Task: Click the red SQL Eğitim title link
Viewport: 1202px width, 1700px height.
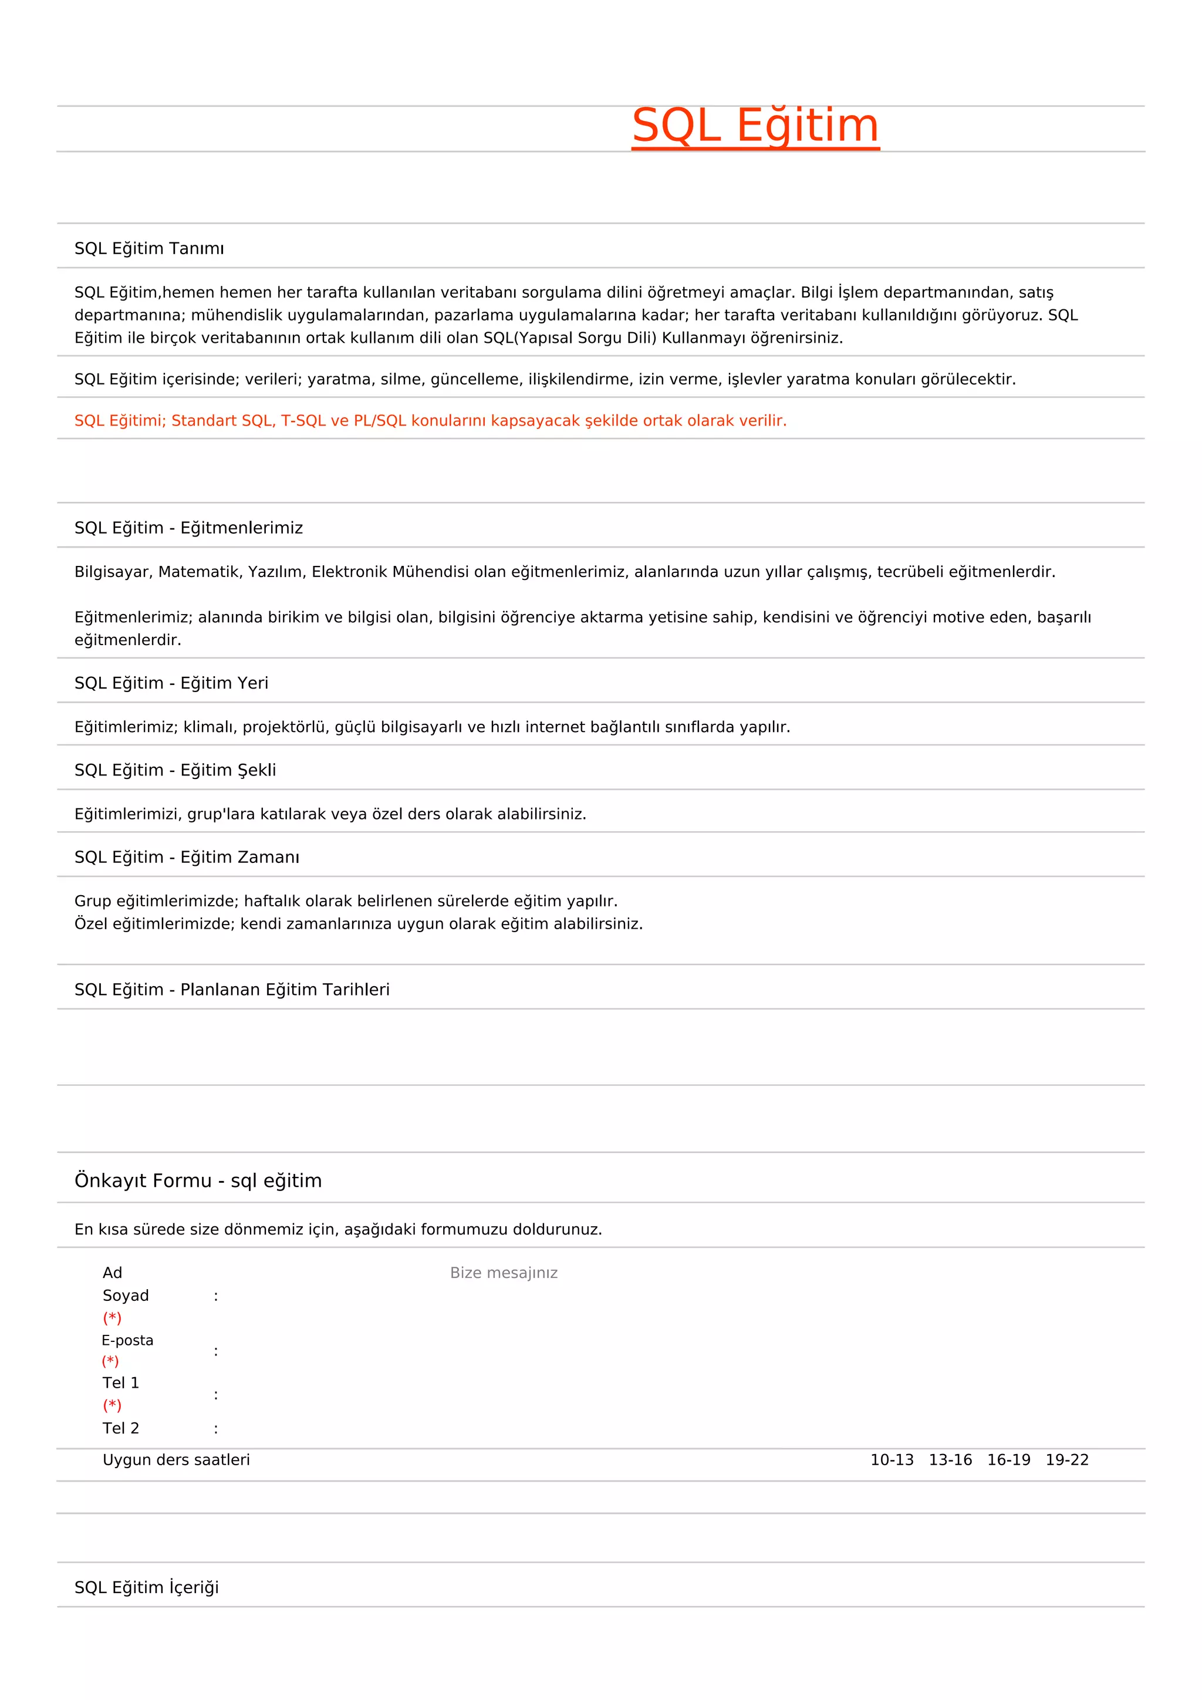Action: pyautogui.click(x=755, y=126)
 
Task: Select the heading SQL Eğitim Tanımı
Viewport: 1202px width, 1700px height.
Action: pyautogui.click(x=148, y=249)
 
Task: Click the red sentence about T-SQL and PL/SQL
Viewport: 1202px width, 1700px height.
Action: pyautogui.click(x=430, y=420)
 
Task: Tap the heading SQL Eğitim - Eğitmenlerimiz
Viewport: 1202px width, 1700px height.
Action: pyautogui.click(x=189, y=528)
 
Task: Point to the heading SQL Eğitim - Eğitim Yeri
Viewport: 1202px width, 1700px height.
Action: pyautogui.click(x=171, y=683)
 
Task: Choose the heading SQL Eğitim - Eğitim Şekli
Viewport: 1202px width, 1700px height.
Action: pyautogui.click(x=175, y=770)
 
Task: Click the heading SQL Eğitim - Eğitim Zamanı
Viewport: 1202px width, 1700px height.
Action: pyautogui.click(x=187, y=858)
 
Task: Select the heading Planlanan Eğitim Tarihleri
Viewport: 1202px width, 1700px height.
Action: pyautogui.click(x=232, y=990)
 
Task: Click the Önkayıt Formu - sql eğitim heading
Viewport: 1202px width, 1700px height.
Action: pyautogui.click(x=198, y=1180)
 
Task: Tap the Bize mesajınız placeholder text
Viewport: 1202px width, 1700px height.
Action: pyautogui.click(x=504, y=1273)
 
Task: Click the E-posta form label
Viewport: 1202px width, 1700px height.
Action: pyautogui.click(x=127, y=1340)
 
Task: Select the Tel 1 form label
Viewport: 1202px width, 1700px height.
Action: pyautogui.click(x=121, y=1382)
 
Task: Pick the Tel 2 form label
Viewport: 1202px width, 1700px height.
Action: pyautogui.click(x=121, y=1428)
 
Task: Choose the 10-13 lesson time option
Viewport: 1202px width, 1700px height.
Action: pyautogui.click(x=892, y=1460)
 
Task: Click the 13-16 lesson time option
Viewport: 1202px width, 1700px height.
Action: pyautogui.click(x=950, y=1460)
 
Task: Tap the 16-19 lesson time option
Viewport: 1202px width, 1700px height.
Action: pyautogui.click(x=1009, y=1460)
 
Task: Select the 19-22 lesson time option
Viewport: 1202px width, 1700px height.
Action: pyautogui.click(x=1067, y=1460)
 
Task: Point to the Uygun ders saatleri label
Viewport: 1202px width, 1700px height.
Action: pyautogui.click(x=176, y=1460)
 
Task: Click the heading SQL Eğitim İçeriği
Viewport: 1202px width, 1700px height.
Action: pyautogui.click(x=147, y=1587)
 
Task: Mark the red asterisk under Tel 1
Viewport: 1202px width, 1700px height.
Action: pyautogui.click(x=112, y=1405)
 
